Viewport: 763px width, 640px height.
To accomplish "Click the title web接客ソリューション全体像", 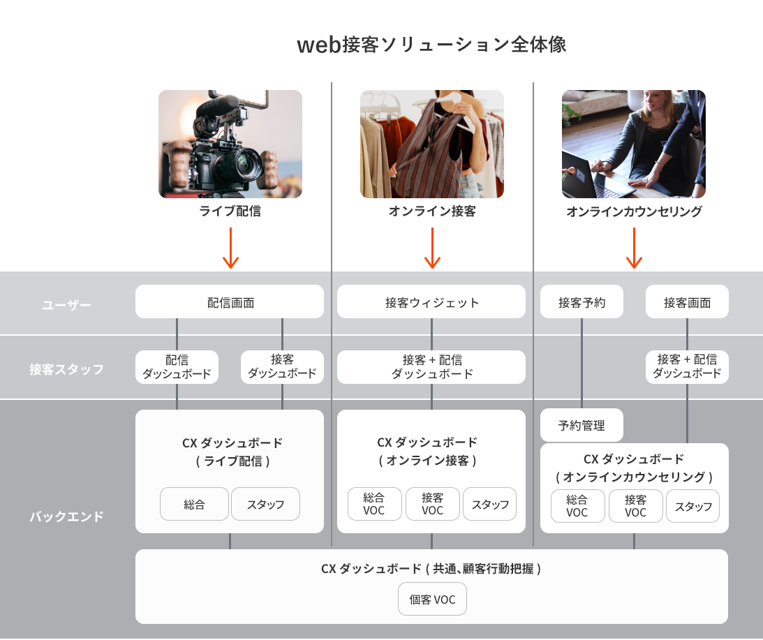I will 431,45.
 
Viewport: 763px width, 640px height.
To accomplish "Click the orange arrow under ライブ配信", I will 230,248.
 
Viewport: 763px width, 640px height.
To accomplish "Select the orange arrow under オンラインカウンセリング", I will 634,248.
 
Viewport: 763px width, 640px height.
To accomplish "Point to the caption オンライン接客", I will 432,211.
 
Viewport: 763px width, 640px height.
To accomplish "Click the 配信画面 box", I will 230,302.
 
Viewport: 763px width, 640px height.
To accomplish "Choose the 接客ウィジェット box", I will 431,302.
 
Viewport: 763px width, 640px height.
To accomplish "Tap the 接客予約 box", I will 581,302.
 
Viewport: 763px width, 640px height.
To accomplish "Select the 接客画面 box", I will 687,302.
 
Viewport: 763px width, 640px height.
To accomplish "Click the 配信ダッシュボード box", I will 177,367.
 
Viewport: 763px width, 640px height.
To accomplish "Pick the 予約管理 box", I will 581,425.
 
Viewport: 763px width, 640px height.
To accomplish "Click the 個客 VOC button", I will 432,600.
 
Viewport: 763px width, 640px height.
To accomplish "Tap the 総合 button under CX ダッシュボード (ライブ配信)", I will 195,504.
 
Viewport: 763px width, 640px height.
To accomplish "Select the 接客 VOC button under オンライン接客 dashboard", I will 433,504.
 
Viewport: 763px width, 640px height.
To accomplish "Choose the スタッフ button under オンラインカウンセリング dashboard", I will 692,506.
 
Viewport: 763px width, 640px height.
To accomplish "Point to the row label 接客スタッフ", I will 66,369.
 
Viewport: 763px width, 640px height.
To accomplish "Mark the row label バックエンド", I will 66,517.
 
